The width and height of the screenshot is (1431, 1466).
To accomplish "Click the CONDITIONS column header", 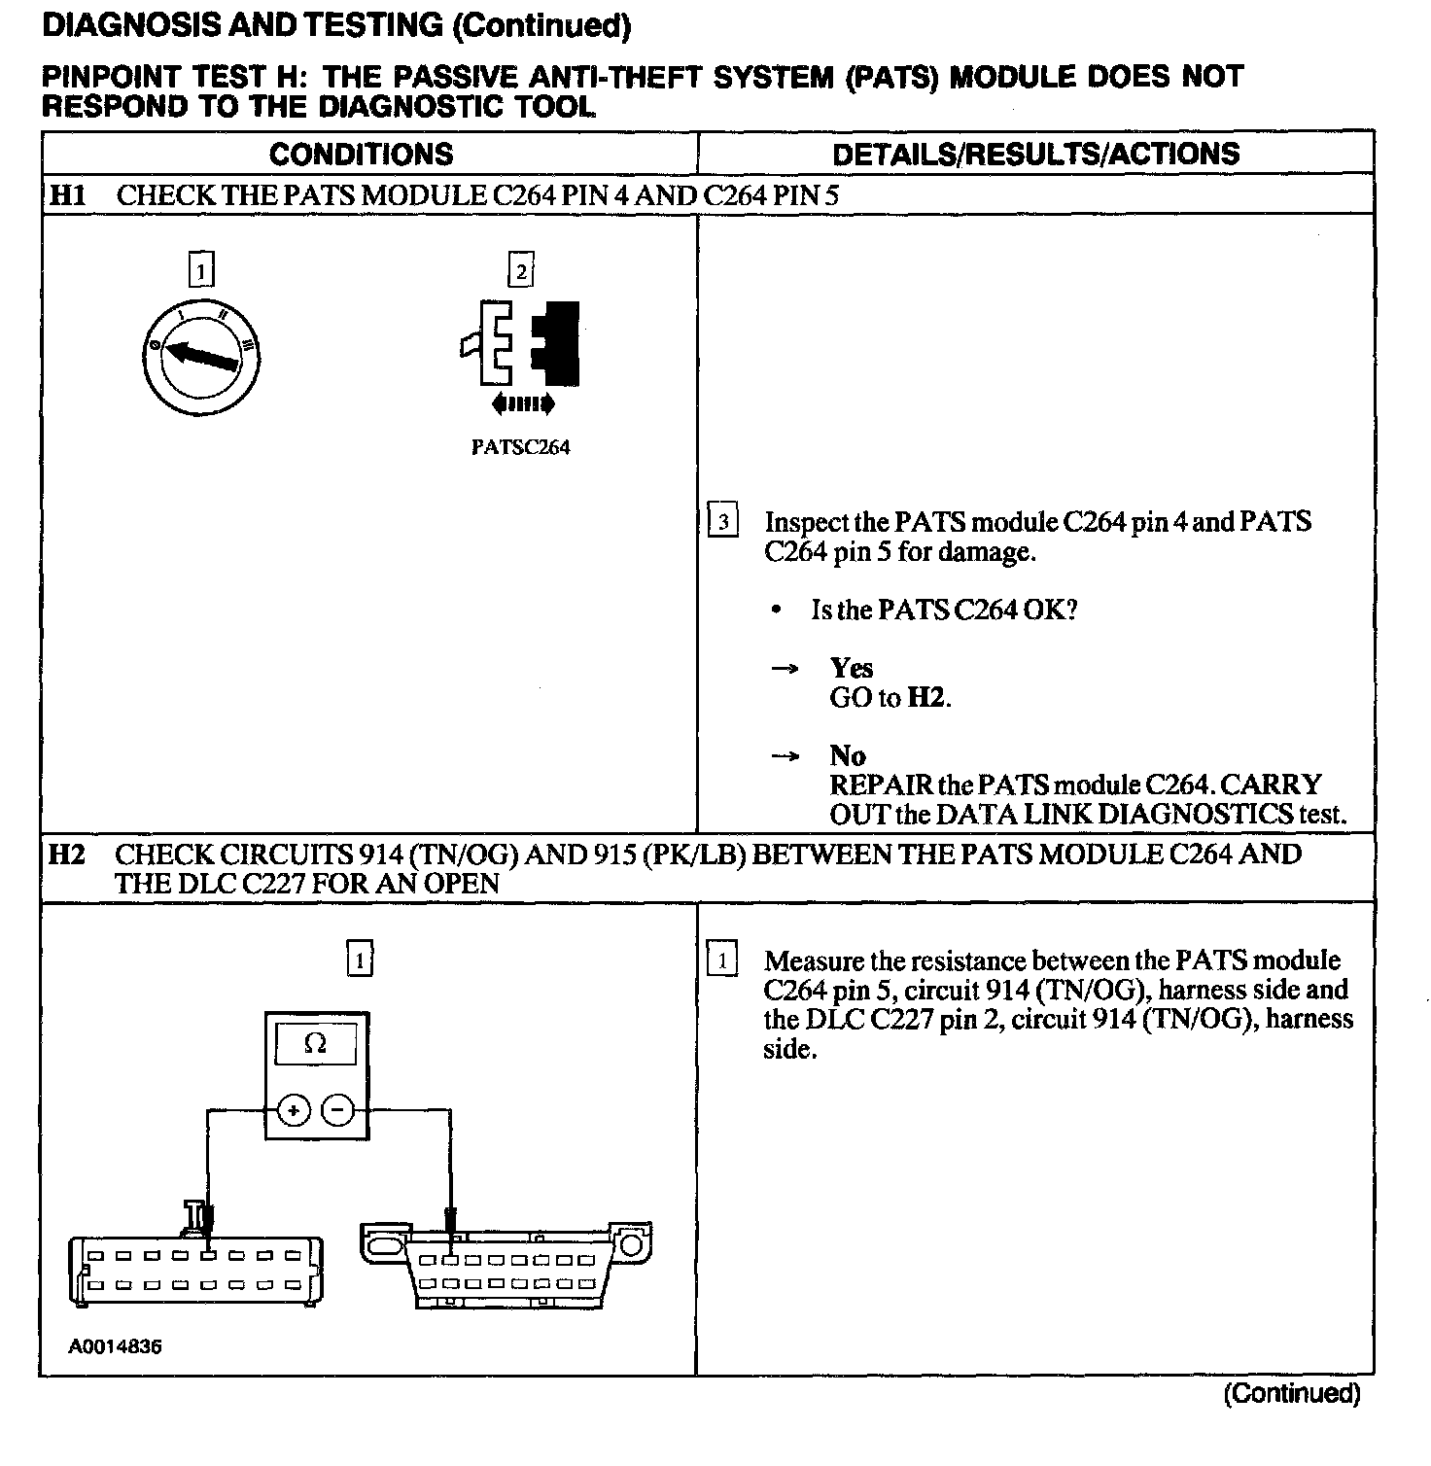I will coord(361,155).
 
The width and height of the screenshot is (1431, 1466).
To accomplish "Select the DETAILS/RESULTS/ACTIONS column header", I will coord(1035,154).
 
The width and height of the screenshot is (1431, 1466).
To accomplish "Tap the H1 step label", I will coord(68,195).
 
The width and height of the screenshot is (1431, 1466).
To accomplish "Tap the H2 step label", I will coord(67,855).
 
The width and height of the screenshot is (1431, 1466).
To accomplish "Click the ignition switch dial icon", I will coord(201,355).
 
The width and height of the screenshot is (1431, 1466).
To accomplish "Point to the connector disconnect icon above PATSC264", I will coord(522,344).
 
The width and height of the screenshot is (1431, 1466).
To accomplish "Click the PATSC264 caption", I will coord(520,447).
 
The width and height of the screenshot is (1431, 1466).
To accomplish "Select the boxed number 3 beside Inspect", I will coord(722,522).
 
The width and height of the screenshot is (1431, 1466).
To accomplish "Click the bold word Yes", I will coord(851,668).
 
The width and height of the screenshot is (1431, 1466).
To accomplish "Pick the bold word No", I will coord(847,755).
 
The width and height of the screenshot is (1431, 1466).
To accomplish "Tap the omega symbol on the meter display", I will coord(316,1044).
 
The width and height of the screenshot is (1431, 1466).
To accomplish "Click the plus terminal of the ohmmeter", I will coord(294,1109).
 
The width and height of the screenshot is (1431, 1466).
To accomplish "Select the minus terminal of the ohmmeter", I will coord(338,1109).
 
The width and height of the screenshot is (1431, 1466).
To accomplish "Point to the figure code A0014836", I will coord(115,1346).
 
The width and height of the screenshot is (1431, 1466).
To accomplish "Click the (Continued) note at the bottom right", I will coord(1291,1393).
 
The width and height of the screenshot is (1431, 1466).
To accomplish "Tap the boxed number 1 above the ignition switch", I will coord(201,270).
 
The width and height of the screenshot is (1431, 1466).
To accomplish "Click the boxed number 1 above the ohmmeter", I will coord(360,960).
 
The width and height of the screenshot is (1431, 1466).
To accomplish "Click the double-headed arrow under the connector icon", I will coord(523,402).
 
